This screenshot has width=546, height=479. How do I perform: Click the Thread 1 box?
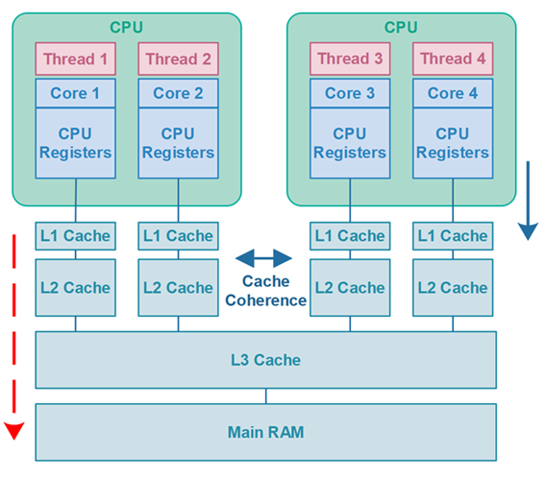76,59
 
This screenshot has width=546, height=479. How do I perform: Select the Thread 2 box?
178,59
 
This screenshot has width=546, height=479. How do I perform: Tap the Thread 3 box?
350,59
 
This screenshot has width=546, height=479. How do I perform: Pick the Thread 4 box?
453,59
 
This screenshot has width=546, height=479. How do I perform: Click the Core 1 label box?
76,93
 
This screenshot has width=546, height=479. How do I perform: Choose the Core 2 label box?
178,93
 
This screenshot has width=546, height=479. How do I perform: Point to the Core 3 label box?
350,93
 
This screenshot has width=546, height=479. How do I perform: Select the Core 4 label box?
453,93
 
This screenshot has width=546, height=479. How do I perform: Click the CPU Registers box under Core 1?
76,143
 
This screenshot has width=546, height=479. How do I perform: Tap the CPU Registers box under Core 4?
453,143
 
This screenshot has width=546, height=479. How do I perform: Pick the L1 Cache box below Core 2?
178,236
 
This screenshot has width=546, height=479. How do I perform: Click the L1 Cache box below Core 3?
350,236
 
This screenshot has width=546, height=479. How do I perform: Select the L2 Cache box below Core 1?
76,288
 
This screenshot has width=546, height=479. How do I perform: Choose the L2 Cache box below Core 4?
453,288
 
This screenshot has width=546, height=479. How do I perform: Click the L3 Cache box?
265,360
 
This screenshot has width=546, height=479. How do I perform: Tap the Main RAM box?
265,432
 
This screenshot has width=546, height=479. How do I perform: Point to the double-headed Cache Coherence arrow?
263,258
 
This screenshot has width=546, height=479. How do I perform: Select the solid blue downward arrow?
528,201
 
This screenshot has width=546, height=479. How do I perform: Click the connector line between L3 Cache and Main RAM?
266,395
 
